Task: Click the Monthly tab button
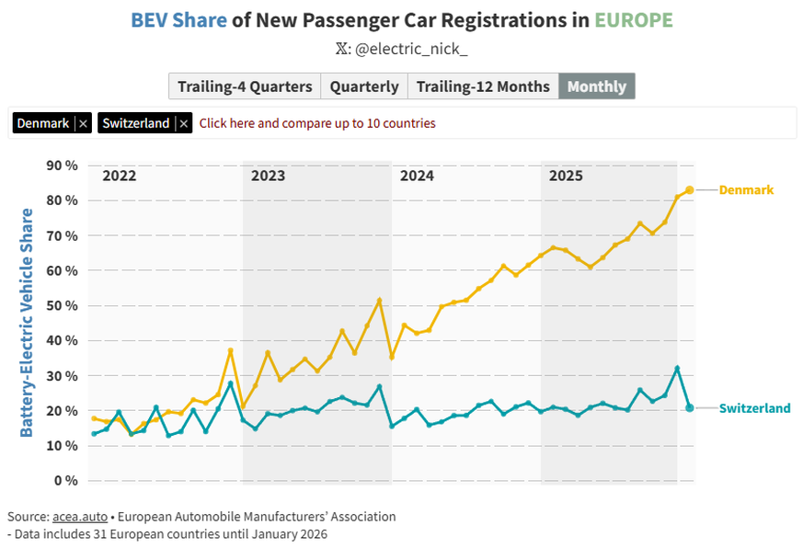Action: pos(596,86)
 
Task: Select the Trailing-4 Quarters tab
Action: pos(245,86)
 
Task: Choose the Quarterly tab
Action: pos(364,86)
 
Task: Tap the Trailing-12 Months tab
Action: pos(482,86)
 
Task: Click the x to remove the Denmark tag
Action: pos(83,123)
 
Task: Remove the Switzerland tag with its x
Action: pos(184,123)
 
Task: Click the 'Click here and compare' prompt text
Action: pos(317,123)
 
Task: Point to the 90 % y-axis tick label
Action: pos(62,166)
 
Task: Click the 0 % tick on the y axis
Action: pos(65,481)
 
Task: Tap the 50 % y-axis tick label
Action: pos(62,305)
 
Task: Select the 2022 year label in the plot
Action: pos(119,176)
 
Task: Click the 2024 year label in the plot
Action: pos(417,176)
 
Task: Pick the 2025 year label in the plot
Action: pos(566,176)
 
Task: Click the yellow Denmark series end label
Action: pos(746,190)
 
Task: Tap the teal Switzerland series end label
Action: pos(754,408)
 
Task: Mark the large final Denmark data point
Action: pos(690,190)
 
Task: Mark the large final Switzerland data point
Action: pos(690,407)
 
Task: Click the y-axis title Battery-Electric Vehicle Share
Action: pos(27,323)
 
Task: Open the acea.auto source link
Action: pos(76,517)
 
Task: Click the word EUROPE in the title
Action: pos(633,20)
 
